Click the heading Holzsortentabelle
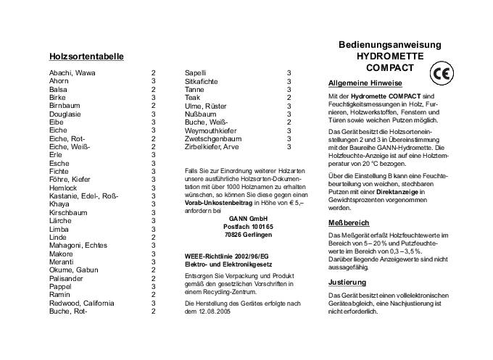click(86, 56)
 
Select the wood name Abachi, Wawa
click(72, 73)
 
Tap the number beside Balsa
click(154, 89)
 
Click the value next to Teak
click(289, 97)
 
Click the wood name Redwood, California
click(82, 303)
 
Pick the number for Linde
click(154, 238)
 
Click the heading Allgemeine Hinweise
click(365, 83)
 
